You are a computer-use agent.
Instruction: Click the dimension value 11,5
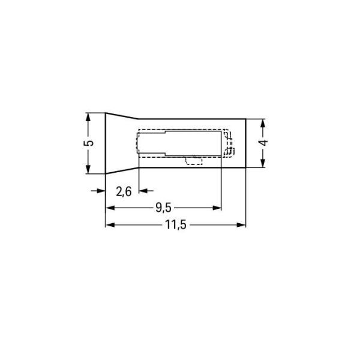click(x=175, y=225)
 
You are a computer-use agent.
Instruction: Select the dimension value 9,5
click(x=163, y=208)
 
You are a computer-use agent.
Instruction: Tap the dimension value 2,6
click(x=124, y=191)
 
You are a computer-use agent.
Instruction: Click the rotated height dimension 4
click(x=263, y=143)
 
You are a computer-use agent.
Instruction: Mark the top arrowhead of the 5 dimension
click(x=88, y=118)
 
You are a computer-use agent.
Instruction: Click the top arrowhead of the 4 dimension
click(x=263, y=123)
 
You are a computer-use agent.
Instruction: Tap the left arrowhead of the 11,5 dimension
click(x=110, y=225)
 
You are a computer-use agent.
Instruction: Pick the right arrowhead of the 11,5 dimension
click(x=242, y=225)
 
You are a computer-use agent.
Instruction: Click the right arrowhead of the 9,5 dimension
click(x=217, y=208)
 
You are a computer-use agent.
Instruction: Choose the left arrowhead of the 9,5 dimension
click(x=110, y=208)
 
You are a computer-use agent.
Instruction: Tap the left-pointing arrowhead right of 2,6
click(x=143, y=191)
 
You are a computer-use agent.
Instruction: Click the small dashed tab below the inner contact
click(x=194, y=160)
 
